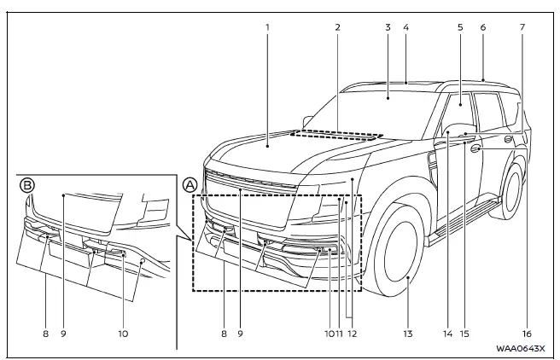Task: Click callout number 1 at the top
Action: tap(267, 27)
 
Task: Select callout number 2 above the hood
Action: tap(338, 27)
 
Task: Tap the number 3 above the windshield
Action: tap(388, 27)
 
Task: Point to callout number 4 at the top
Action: tap(406, 27)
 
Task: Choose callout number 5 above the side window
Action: tap(460, 27)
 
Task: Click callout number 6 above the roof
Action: tap(482, 27)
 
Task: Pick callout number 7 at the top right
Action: tap(522, 27)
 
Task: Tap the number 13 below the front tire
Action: tap(409, 334)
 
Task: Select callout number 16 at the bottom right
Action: tap(526, 334)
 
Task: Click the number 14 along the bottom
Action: tap(447, 334)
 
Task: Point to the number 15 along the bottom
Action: tap(465, 334)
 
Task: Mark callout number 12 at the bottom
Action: tap(352, 334)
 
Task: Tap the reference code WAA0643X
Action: tap(521, 348)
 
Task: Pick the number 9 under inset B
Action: tap(64, 334)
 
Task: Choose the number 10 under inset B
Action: tap(123, 334)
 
